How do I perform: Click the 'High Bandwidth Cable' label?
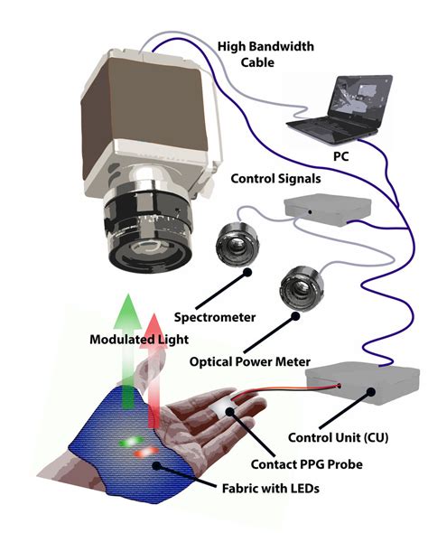click(x=265, y=54)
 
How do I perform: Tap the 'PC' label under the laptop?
click(x=340, y=156)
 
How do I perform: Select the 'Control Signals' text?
click(x=275, y=179)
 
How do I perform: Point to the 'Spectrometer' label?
click(x=215, y=317)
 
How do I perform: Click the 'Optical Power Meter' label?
click(x=249, y=361)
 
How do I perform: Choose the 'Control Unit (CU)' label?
click(x=338, y=437)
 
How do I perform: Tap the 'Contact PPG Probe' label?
click(x=306, y=464)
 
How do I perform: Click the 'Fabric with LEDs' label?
click(x=270, y=489)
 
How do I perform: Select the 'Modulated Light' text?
click(x=139, y=340)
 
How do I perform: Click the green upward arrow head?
click(x=127, y=312)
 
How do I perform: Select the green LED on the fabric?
click(x=131, y=442)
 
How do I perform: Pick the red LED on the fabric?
click(x=146, y=452)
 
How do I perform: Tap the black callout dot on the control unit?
click(x=371, y=392)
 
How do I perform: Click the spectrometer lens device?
click(x=237, y=244)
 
